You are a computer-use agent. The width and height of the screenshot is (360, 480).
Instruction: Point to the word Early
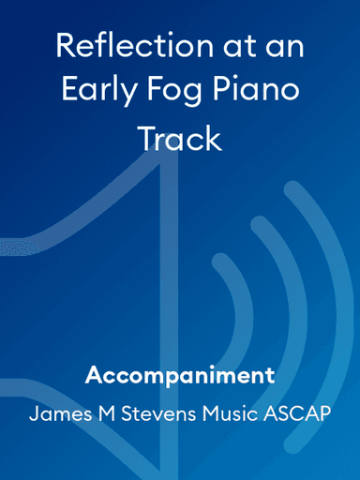click(97, 92)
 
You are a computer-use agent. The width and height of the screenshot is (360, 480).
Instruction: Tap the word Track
click(180, 138)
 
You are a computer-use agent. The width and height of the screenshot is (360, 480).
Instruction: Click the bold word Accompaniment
click(180, 376)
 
